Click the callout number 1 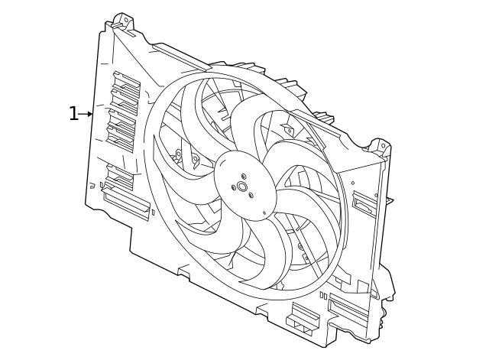pyautogui.click(x=73, y=115)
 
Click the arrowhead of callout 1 pyautogui.click(x=90, y=114)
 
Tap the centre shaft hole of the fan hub pyautogui.click(x=242, y=186)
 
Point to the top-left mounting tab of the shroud pyautogui.click(x=122, y=22)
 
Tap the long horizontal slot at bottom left pyautogui.click(x=126, y=203)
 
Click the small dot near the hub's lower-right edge pyautogui.click(x=264, y=213)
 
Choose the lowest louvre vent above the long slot pyautogui.click(x=120, y=177)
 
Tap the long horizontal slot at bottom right pyautogui.click(x=348, y=309)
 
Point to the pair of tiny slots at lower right pyautogui.click(x=323, y=295)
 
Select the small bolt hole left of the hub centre pyautogui.click(x=233, y=187)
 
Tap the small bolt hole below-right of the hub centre pyautogui.click(x=251, y=196)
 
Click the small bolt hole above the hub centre pyautogui.click(x=244, y=177)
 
